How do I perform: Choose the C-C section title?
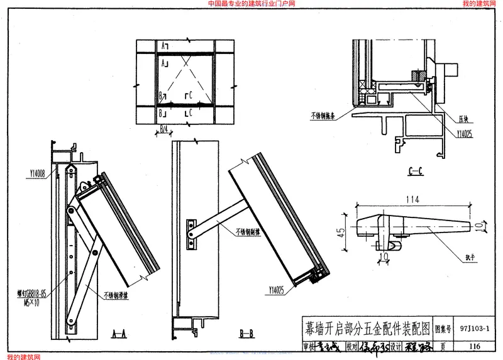(416, 170)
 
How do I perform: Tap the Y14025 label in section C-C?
(464, 133)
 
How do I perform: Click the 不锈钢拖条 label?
(323, 116)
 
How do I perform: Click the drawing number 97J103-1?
(474, 328)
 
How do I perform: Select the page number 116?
(474, 346)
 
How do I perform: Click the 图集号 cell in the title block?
(444, 328)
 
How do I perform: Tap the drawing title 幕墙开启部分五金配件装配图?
(368, 328)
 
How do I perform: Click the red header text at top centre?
(251, 4)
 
